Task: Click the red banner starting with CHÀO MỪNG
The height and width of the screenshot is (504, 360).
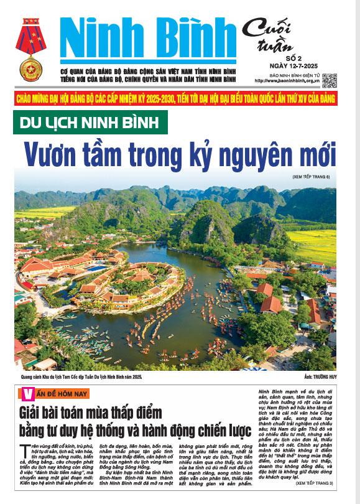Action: (x=176, y=99)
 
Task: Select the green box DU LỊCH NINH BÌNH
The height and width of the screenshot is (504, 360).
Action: (x=91, y=122)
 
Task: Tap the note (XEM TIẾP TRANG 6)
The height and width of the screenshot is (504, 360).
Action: (x=313, y=177)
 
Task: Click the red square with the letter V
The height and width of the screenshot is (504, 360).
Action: (x=26, y=393)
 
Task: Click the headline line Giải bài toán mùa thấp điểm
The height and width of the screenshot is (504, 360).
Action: (x=90, y=411)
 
